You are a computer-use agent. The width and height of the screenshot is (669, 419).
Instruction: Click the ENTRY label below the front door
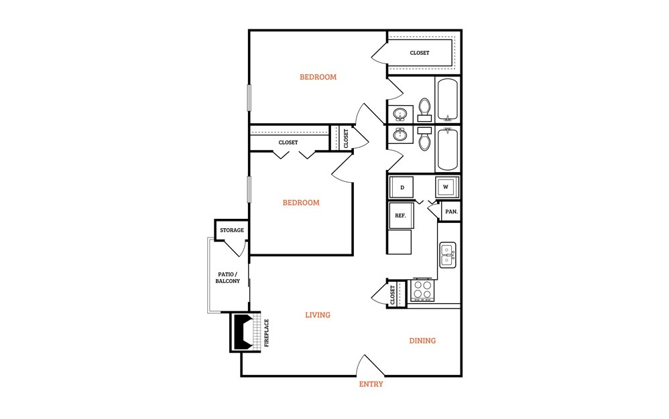click(x=371, y=384)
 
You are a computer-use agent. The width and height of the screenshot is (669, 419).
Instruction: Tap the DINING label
click(x=422, y=341)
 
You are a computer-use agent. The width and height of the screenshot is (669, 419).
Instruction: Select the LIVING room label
click(x=318, y=315)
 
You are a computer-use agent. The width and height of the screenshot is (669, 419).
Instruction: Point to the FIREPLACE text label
click(x=267, y=333)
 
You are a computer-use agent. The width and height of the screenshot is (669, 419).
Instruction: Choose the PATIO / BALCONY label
click(x=227, y=278)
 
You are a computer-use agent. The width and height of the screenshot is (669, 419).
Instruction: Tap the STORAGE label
click(x=232, y=230)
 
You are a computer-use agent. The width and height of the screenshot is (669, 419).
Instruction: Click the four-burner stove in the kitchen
click(x=422, y=290)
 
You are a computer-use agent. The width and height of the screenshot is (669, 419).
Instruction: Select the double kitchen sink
click(x=448, y=255)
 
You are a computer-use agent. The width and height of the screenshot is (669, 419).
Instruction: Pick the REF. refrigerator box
click(x=401, y=216)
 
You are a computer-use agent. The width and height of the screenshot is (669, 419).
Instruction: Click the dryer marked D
click(x=402, y=187)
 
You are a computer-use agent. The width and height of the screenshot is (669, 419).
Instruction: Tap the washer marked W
click(x=446, y=187)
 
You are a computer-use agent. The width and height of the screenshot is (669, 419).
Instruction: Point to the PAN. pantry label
click(x=451, y=212)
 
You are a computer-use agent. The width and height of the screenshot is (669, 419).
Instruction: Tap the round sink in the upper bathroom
click(x=400, y=114)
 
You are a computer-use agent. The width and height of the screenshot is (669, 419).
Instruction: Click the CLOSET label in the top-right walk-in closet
click(x=420, y=53)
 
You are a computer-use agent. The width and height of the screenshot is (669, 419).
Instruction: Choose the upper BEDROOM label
click(x=318, y=77)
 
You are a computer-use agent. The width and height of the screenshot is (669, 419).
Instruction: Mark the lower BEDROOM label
click(x=301, y=203)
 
